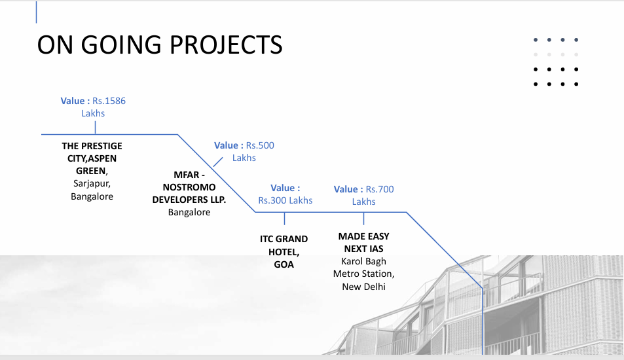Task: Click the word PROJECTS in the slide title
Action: [x=226, y=45]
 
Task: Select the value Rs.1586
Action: [x=109, y=101]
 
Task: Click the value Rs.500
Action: [x=260, y=145]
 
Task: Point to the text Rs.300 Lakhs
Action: [x=285, y=200]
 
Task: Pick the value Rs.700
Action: [x=380, y=189]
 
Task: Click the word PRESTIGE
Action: [x=102, y=146]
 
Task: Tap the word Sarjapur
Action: [x=92, y=183]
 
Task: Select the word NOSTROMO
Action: [x=189, y=187]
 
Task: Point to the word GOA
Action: [x=284, y=264]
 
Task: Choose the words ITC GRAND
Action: [x=284, y=239]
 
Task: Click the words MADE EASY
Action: [x=364, y=236]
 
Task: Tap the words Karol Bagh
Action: [x=364, y=261]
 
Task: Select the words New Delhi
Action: [x=364, y=287]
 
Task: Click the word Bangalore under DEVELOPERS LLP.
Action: [x=189, y=213]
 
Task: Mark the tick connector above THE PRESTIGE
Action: [x=95, y=128]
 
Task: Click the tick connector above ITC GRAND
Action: [x=285, y=219]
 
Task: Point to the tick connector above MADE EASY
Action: [x=364, y=219]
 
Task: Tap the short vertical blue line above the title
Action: [x=36, y=12]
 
